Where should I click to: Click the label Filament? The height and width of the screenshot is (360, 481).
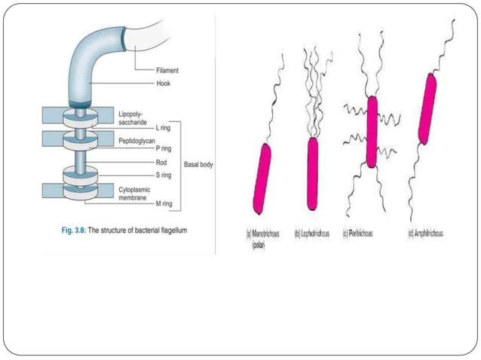[x=167, y=70]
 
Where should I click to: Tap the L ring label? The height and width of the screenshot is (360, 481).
[x=164, y=128]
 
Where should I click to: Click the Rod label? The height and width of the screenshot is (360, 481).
[x=161, y=162]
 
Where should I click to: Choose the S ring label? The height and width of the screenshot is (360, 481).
[x=164, y=175]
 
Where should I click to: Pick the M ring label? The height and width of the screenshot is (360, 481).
[x=164, y=203]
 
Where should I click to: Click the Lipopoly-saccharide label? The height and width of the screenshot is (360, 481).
[x=134, y=117]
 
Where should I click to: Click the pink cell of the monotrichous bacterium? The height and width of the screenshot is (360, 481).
[x=262, y=178]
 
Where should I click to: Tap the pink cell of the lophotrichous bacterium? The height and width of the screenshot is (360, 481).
[x=313, y=173]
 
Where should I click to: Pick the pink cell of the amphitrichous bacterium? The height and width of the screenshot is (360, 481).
[x=427, y=108]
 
